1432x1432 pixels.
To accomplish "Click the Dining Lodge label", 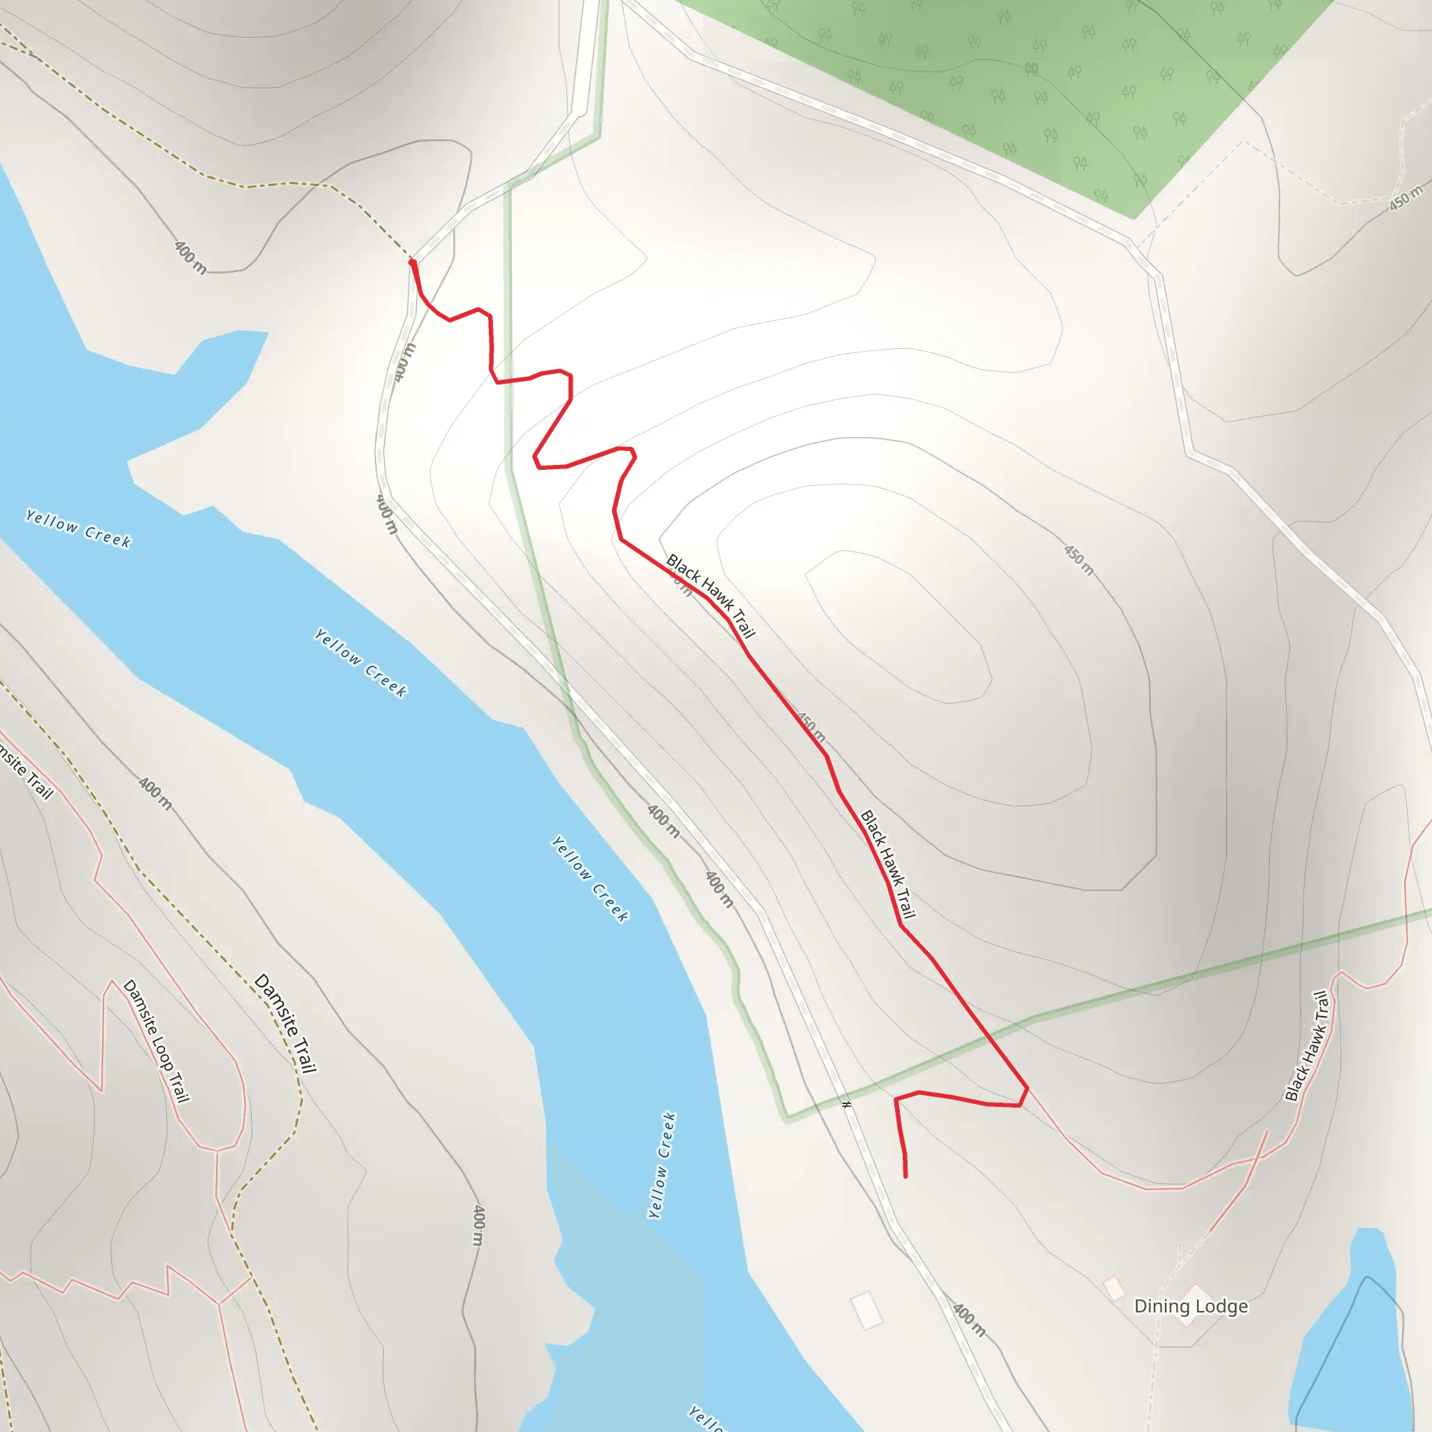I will pyautogui.click(x=1190, y=1306).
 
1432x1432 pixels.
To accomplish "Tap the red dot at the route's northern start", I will pyautogui.click(x=412, y=262).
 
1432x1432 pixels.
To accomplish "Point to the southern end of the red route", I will pyautogui.click(x=905, y=1175).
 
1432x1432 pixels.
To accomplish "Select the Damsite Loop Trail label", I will pyautogui.click(x=157, y=1040).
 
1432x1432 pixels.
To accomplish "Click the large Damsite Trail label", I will pyautogui.click(x=285, y=1024).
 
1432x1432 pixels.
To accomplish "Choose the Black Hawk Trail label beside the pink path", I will pyautogui.click(x=1308, y=1046).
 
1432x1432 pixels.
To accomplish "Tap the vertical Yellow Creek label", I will pyautogui.click(x=662, y=1164).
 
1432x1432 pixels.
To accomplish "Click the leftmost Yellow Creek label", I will pyautogui.click(x=78, y=529).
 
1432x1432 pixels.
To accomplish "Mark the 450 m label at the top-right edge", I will pyautogui.click(x=1406, y=197).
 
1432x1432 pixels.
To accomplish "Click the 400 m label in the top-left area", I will pyautogui.click(x=190, y=257).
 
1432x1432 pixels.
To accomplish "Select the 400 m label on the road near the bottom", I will pyautogui.click(x=968, y=1320).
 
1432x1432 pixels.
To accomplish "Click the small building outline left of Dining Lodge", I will pyautogui.click(x=1113, y=1288).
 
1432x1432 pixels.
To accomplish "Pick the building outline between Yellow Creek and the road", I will pyautogui.click(x=866, y=1310).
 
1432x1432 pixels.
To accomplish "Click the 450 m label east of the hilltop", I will pyautogui.click(x=1078, y=560).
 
